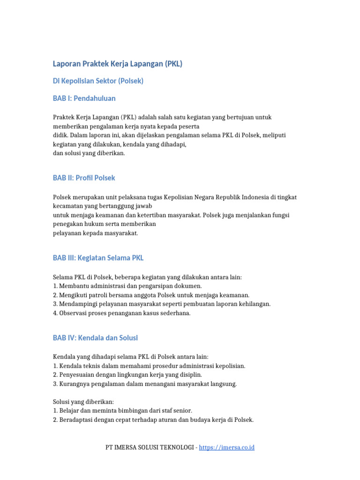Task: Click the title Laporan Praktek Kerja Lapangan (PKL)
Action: click(x=117, y=64)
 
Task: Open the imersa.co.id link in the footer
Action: click(x=226, y=448)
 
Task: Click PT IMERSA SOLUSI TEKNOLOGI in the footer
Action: click(x=150, y=448)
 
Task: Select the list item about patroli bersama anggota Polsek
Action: click(x=151, y=295)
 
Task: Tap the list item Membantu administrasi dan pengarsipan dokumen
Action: click(x=127, y=286)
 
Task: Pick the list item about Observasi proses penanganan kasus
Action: click(x=121, y=313)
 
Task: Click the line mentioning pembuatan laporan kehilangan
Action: click(x=162, y=304)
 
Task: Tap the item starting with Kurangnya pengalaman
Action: click(x=145, y=384)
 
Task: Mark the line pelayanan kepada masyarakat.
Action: click(x=95, y=233)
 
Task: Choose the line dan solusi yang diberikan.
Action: click(x=89, y=153)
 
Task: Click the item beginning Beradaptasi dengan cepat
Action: click(x=153, y=420)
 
